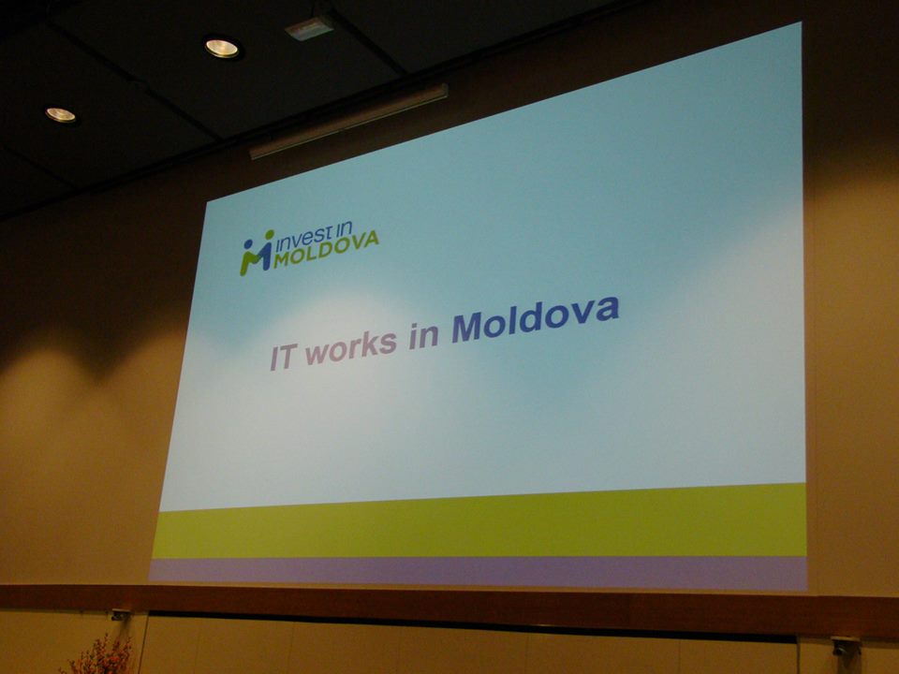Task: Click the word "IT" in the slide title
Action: pyautogui.click(x=283, y=357)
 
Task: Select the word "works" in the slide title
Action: pyautogui.click(x=351, y=345)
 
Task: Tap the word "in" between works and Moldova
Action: pyautogui.click(x=424, y=335)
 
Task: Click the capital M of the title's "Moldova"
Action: pyautogui.click(x=466, y=329)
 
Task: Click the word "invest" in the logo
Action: pyautogui.click(x=303, y=239)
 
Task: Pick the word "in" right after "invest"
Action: pyautogui.click(x=344, y=230)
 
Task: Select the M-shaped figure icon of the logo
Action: pyautogui.click(x=256, y=255)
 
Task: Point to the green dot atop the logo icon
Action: pyautogui.click(x=269, y=234)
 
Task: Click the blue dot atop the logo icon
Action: pyautogui.click(x=247, y=243)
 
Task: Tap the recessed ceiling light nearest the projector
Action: pyautogui.click(x=223, y=48)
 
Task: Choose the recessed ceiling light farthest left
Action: pyautogui.click(x=61, y=115)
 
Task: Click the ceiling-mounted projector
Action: pyautogui.click(x=309, y=27)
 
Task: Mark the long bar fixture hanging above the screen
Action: pyautogui.click(x=348, y=121)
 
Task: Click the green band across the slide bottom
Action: pyautogui.click(x=479, y=522)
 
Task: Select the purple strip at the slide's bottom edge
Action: pyautogui.click(x=479, y=572)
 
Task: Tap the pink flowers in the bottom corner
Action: pyautogui.click(x=100, y=657)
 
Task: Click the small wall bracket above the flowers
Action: pyautogui.click(x=120, y=616)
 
